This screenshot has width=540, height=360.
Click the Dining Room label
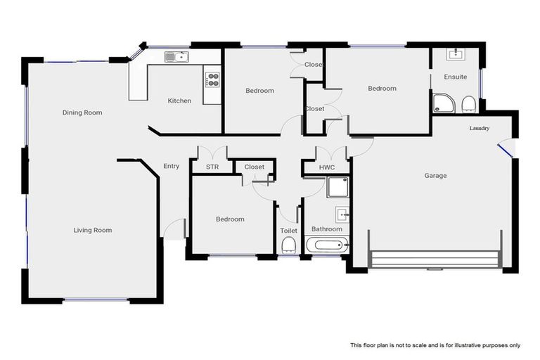[x=82, y=112]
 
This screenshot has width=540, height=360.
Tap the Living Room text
[x=93, y=230]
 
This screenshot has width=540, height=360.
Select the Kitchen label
[x=179, y=101]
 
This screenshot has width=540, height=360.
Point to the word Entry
[x=171, y=167]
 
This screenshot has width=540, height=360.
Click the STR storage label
[x=212, y=167]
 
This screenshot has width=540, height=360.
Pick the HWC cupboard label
[x=327, y=167]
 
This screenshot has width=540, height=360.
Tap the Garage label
[x=435, y=176]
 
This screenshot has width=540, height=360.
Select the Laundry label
[x=480, y=129]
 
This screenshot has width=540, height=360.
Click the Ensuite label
[x=455, y=77]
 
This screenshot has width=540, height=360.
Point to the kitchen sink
[x=176, y=57]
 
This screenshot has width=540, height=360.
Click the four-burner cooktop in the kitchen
[x=212, y=79]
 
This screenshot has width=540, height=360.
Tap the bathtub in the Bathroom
[x=328, y=246]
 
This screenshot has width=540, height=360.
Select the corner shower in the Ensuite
[x=442, y=104]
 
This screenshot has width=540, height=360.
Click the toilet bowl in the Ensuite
[x=469, y=105]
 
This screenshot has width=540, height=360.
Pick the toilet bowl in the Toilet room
[x=288, y=245]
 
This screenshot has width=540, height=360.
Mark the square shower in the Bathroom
[x=337, y=187]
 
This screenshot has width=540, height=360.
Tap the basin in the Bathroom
[x=342, y=214]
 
